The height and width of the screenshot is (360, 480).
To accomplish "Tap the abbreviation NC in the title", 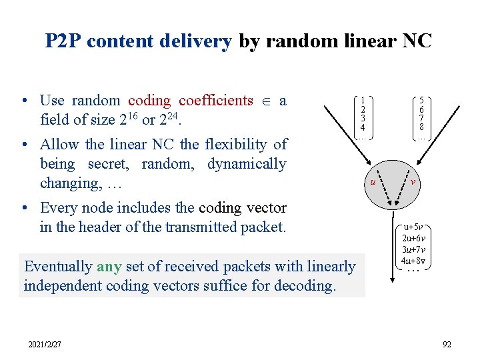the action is click(x=417, y=41).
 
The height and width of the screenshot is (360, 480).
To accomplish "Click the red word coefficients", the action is click(x=216, y=101).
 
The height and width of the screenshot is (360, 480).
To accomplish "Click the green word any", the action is click(x=108, y=266).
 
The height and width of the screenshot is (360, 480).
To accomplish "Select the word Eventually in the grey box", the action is click(x=58, y=266).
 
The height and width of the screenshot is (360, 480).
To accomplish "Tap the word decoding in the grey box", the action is click(x=305, y=285).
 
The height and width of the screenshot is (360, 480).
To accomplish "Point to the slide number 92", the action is click(x=446, y=344).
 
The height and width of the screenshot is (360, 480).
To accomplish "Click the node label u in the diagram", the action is click(x=373, y=181).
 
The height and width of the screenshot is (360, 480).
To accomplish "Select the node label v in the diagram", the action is click(x=413, y=181).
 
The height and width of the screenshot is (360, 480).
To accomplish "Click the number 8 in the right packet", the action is click(x=421, y=127).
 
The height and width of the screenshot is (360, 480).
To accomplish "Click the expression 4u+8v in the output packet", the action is click(x=415, y=260).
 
